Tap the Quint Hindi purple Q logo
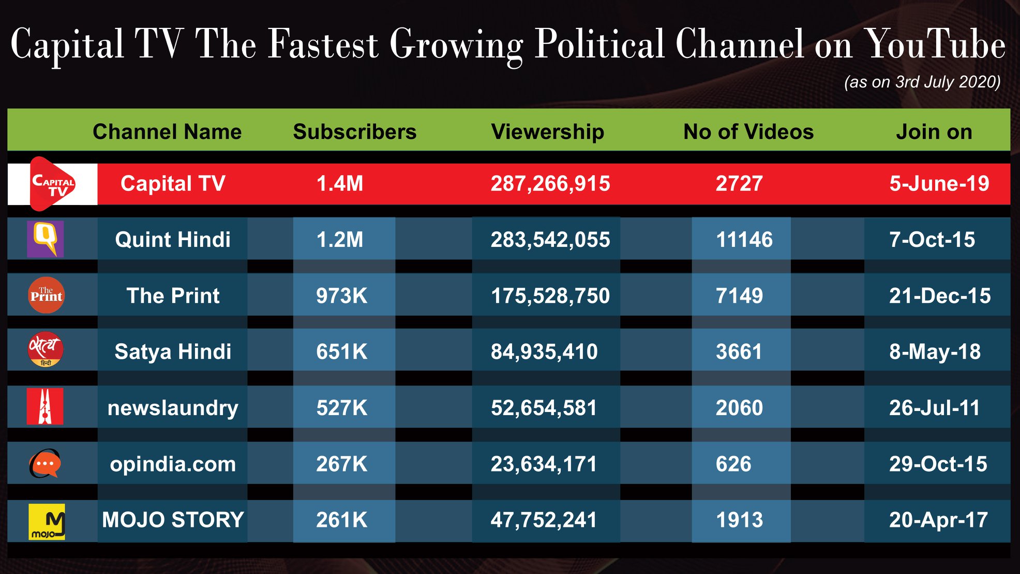(x=46, y=239)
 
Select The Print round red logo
(x=46, y=295)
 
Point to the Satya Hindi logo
(x=46, y=349)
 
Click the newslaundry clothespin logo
(x=45, y=406)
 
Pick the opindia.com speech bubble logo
(x=45, y=463)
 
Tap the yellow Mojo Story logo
(x=47, y=522)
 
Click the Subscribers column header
(x=355, y=132)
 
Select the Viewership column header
(x=548, y=132)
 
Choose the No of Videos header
(x=748, y=132)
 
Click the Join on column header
(x=934, y=132)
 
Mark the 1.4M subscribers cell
(x=340, y=184)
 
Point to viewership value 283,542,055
(x=550, y=240)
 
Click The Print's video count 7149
(x=739, y=296)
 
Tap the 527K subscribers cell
(x=342, y=408)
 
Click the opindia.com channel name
(x=173, y=464)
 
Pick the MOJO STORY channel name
(x=173, y=520)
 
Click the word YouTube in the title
(x=935, y=45)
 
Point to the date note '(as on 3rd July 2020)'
(x=922, y=82)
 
